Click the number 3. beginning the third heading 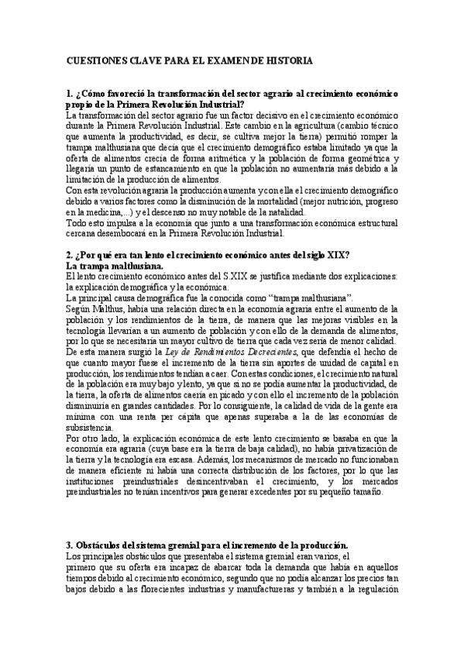click(x=70, y=544)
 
